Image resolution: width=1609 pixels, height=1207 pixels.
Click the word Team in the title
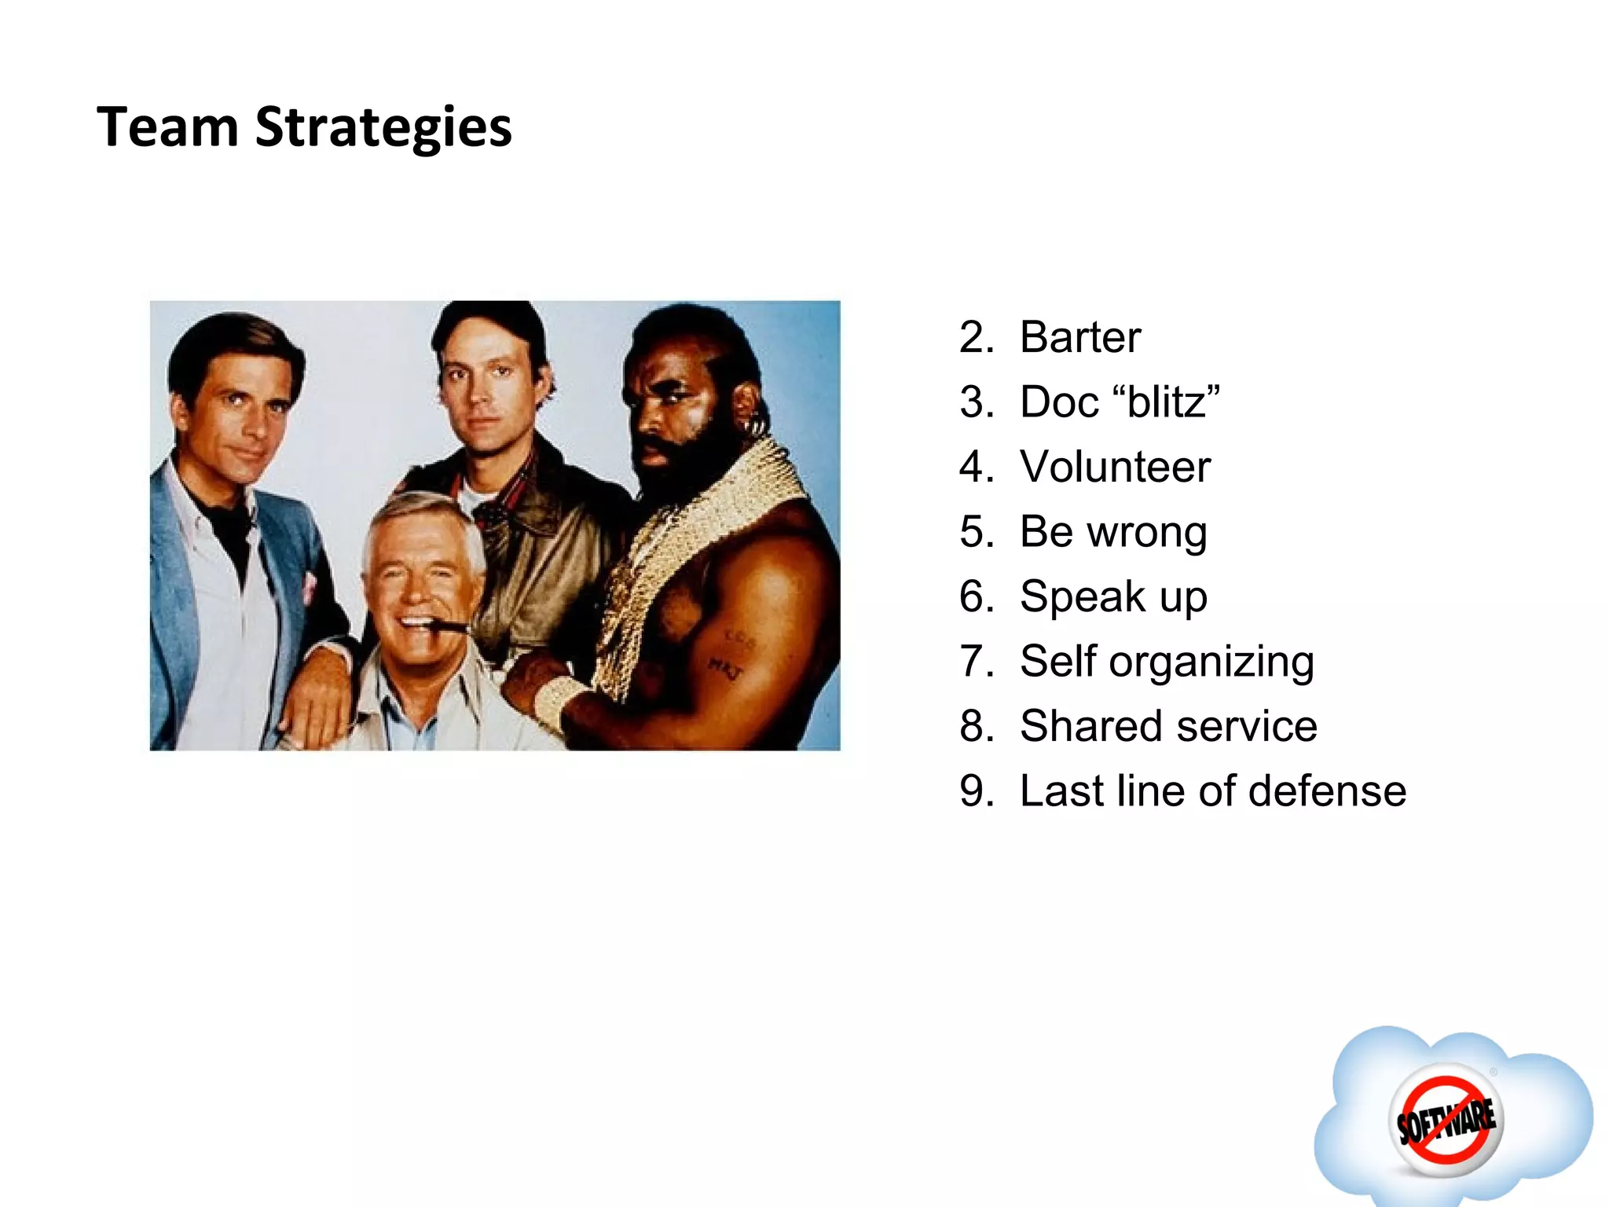point(167,127)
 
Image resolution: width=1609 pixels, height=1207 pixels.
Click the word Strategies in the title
point(383,127)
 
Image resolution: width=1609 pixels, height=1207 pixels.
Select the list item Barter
point(1079,338)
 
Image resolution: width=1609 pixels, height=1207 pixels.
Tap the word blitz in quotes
point(1167,402)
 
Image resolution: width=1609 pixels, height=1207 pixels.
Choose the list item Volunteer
point(1115,468)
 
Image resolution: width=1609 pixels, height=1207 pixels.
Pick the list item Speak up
point(1113,597)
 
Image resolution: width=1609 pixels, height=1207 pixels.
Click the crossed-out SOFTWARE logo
point(1446,1121)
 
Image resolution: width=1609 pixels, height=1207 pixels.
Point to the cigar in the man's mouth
point(451,626)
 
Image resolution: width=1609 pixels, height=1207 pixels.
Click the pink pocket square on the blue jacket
point(309,586)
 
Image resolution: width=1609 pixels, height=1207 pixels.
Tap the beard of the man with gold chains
point(676,464)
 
